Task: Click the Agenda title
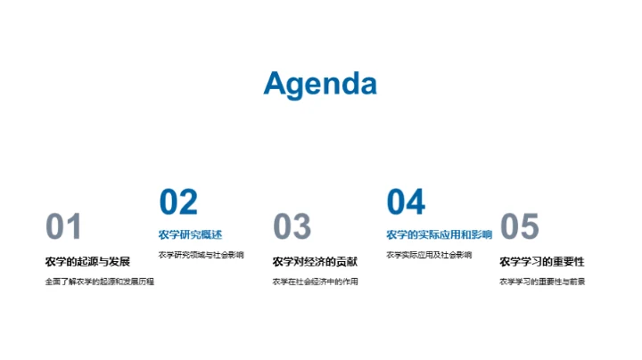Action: click(x=320, y=84)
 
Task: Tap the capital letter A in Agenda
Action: click(x=276, y=84)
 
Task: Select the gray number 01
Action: click(x=63, y=227)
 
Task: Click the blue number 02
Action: click(x=177, y=202)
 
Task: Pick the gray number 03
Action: click(x=292, y=227)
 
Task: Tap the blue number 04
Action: click(x=406, y=202)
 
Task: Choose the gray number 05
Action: click(x=520, y=227)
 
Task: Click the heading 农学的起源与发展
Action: click(x=87, y=261)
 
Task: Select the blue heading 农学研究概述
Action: click(x=190, y=234)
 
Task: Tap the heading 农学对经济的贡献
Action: click(x=315, y=261)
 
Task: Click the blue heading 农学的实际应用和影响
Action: click(x=439, y=234)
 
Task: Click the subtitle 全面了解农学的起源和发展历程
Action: click(x=99, y=282)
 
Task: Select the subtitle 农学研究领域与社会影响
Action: click(x=201, y=255)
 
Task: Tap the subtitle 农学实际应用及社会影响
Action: click(x=429, y=255)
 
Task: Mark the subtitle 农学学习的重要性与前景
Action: click(x=542, y=282)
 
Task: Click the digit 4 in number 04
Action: click(x=416, y=202)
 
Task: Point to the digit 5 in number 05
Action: click(x=530, y=227)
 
